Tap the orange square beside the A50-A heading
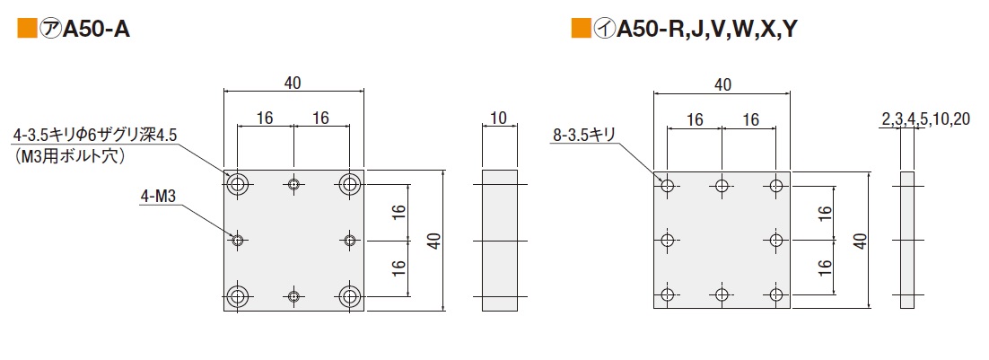(27, 30)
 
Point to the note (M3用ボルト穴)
(68, 156)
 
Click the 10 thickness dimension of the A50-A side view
(500, 117)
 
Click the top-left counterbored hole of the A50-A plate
(239, 185)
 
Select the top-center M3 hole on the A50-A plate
(293, 185)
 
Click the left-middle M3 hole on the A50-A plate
(238, 240)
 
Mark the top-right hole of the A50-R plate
(777, 186)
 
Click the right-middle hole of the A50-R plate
(777, 240)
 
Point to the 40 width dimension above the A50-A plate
(293, 83)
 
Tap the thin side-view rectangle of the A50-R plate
(907, 241)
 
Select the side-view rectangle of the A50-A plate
(500, 241)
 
